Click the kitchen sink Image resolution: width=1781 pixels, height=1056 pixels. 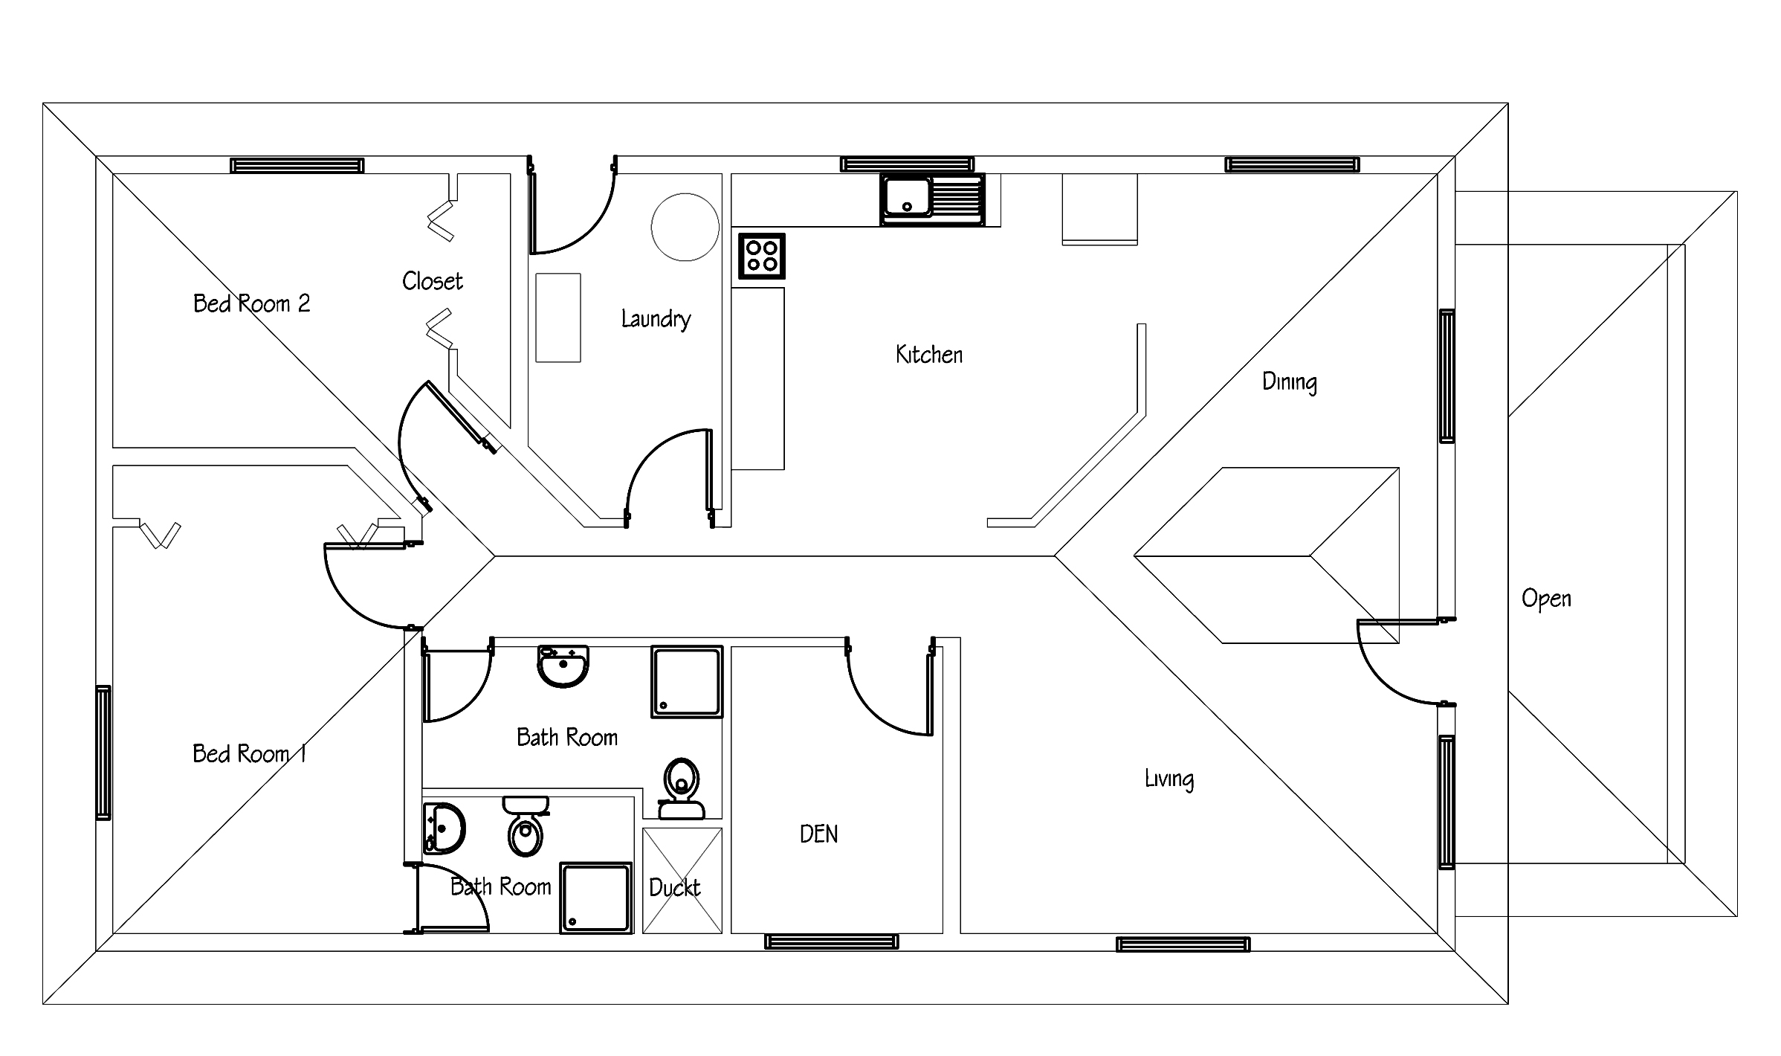[x=932, y=199]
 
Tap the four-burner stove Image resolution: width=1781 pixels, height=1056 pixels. [x=762, y=256]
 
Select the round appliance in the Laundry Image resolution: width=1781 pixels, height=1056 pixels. [x=685, y=227]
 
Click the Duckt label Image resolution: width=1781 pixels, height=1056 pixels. [x=674, y=887]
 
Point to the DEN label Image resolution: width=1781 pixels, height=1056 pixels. [x=818, y=834]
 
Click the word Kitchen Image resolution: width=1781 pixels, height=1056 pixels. [x=929, y=355]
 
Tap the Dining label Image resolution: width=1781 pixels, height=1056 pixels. [x=1290, y=382]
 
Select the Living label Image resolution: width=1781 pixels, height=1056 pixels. [x=1169, y=779]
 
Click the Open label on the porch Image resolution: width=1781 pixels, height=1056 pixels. [x=1546, y=599]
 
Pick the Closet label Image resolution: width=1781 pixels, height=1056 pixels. [x=432, y=280]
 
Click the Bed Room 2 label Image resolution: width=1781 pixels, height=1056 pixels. [x=251, y=303]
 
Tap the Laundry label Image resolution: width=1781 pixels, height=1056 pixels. [x=656, y=319]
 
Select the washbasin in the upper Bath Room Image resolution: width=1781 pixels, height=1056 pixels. [x=563, y=666]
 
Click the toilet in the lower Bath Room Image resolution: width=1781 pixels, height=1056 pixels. [x=526, y=826]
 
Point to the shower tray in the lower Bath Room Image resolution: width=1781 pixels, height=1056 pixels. [x=596, y=898]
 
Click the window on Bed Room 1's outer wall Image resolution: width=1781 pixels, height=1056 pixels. [x=103, y=753]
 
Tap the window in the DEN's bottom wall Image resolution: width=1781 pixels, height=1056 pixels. [x=831, y=941]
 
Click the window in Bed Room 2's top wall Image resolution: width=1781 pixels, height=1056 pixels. [x=297, y=165]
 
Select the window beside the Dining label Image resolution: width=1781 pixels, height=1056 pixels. [x=1447, y=376]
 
